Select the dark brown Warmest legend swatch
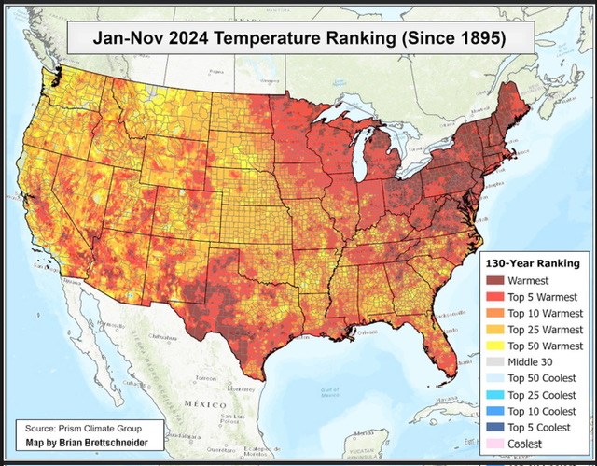[494, 279]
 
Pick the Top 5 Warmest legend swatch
[494, 296]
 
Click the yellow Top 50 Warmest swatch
[494, 346]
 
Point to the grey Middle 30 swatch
[494, 363]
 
